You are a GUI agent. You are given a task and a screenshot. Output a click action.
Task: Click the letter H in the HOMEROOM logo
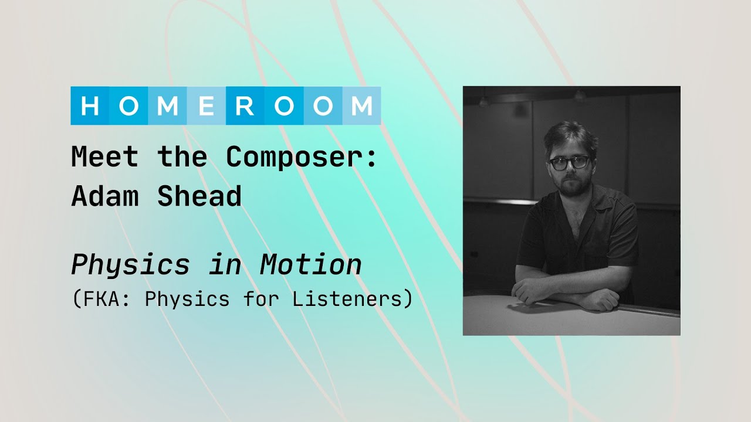click(x=90, y=106)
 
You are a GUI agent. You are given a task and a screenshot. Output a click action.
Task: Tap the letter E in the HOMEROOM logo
click(x=207, y=106)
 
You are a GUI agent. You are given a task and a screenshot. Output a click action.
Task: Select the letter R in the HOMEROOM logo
click(x=245, y=106)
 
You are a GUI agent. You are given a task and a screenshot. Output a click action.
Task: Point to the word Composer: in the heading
click(x=302, y=157)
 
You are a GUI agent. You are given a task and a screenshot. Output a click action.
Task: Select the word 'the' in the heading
click(x=182, y=157)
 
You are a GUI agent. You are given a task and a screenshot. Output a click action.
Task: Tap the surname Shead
click(x=199, y=196)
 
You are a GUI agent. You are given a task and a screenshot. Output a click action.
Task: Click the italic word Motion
click(x=311, y=265)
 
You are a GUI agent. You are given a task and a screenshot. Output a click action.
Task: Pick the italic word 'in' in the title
click(x=225, y=265)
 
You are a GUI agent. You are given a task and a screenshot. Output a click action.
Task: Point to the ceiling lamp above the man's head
click(x=580, y=95)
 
